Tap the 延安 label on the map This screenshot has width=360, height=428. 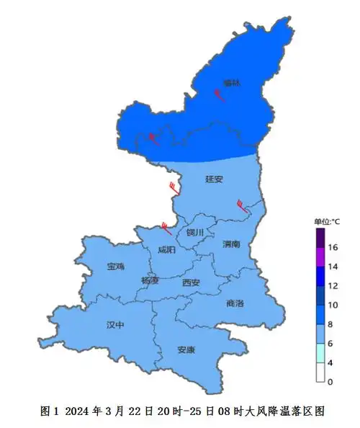215,179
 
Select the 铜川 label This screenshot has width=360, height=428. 195,232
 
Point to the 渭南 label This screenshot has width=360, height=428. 232,244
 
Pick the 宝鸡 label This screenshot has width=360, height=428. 115,267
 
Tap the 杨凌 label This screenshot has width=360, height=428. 150,280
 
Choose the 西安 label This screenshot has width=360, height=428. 191,282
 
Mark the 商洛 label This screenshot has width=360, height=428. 235,303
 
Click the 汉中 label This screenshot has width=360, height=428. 115,325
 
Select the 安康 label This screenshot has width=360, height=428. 186,350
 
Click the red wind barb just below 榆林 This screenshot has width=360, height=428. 220,96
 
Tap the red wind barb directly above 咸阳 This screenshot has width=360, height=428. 166,229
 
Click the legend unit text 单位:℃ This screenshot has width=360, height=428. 327,221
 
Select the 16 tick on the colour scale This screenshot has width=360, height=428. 333,247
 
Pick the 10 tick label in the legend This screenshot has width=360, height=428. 333,306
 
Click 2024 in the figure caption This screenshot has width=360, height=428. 77,411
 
